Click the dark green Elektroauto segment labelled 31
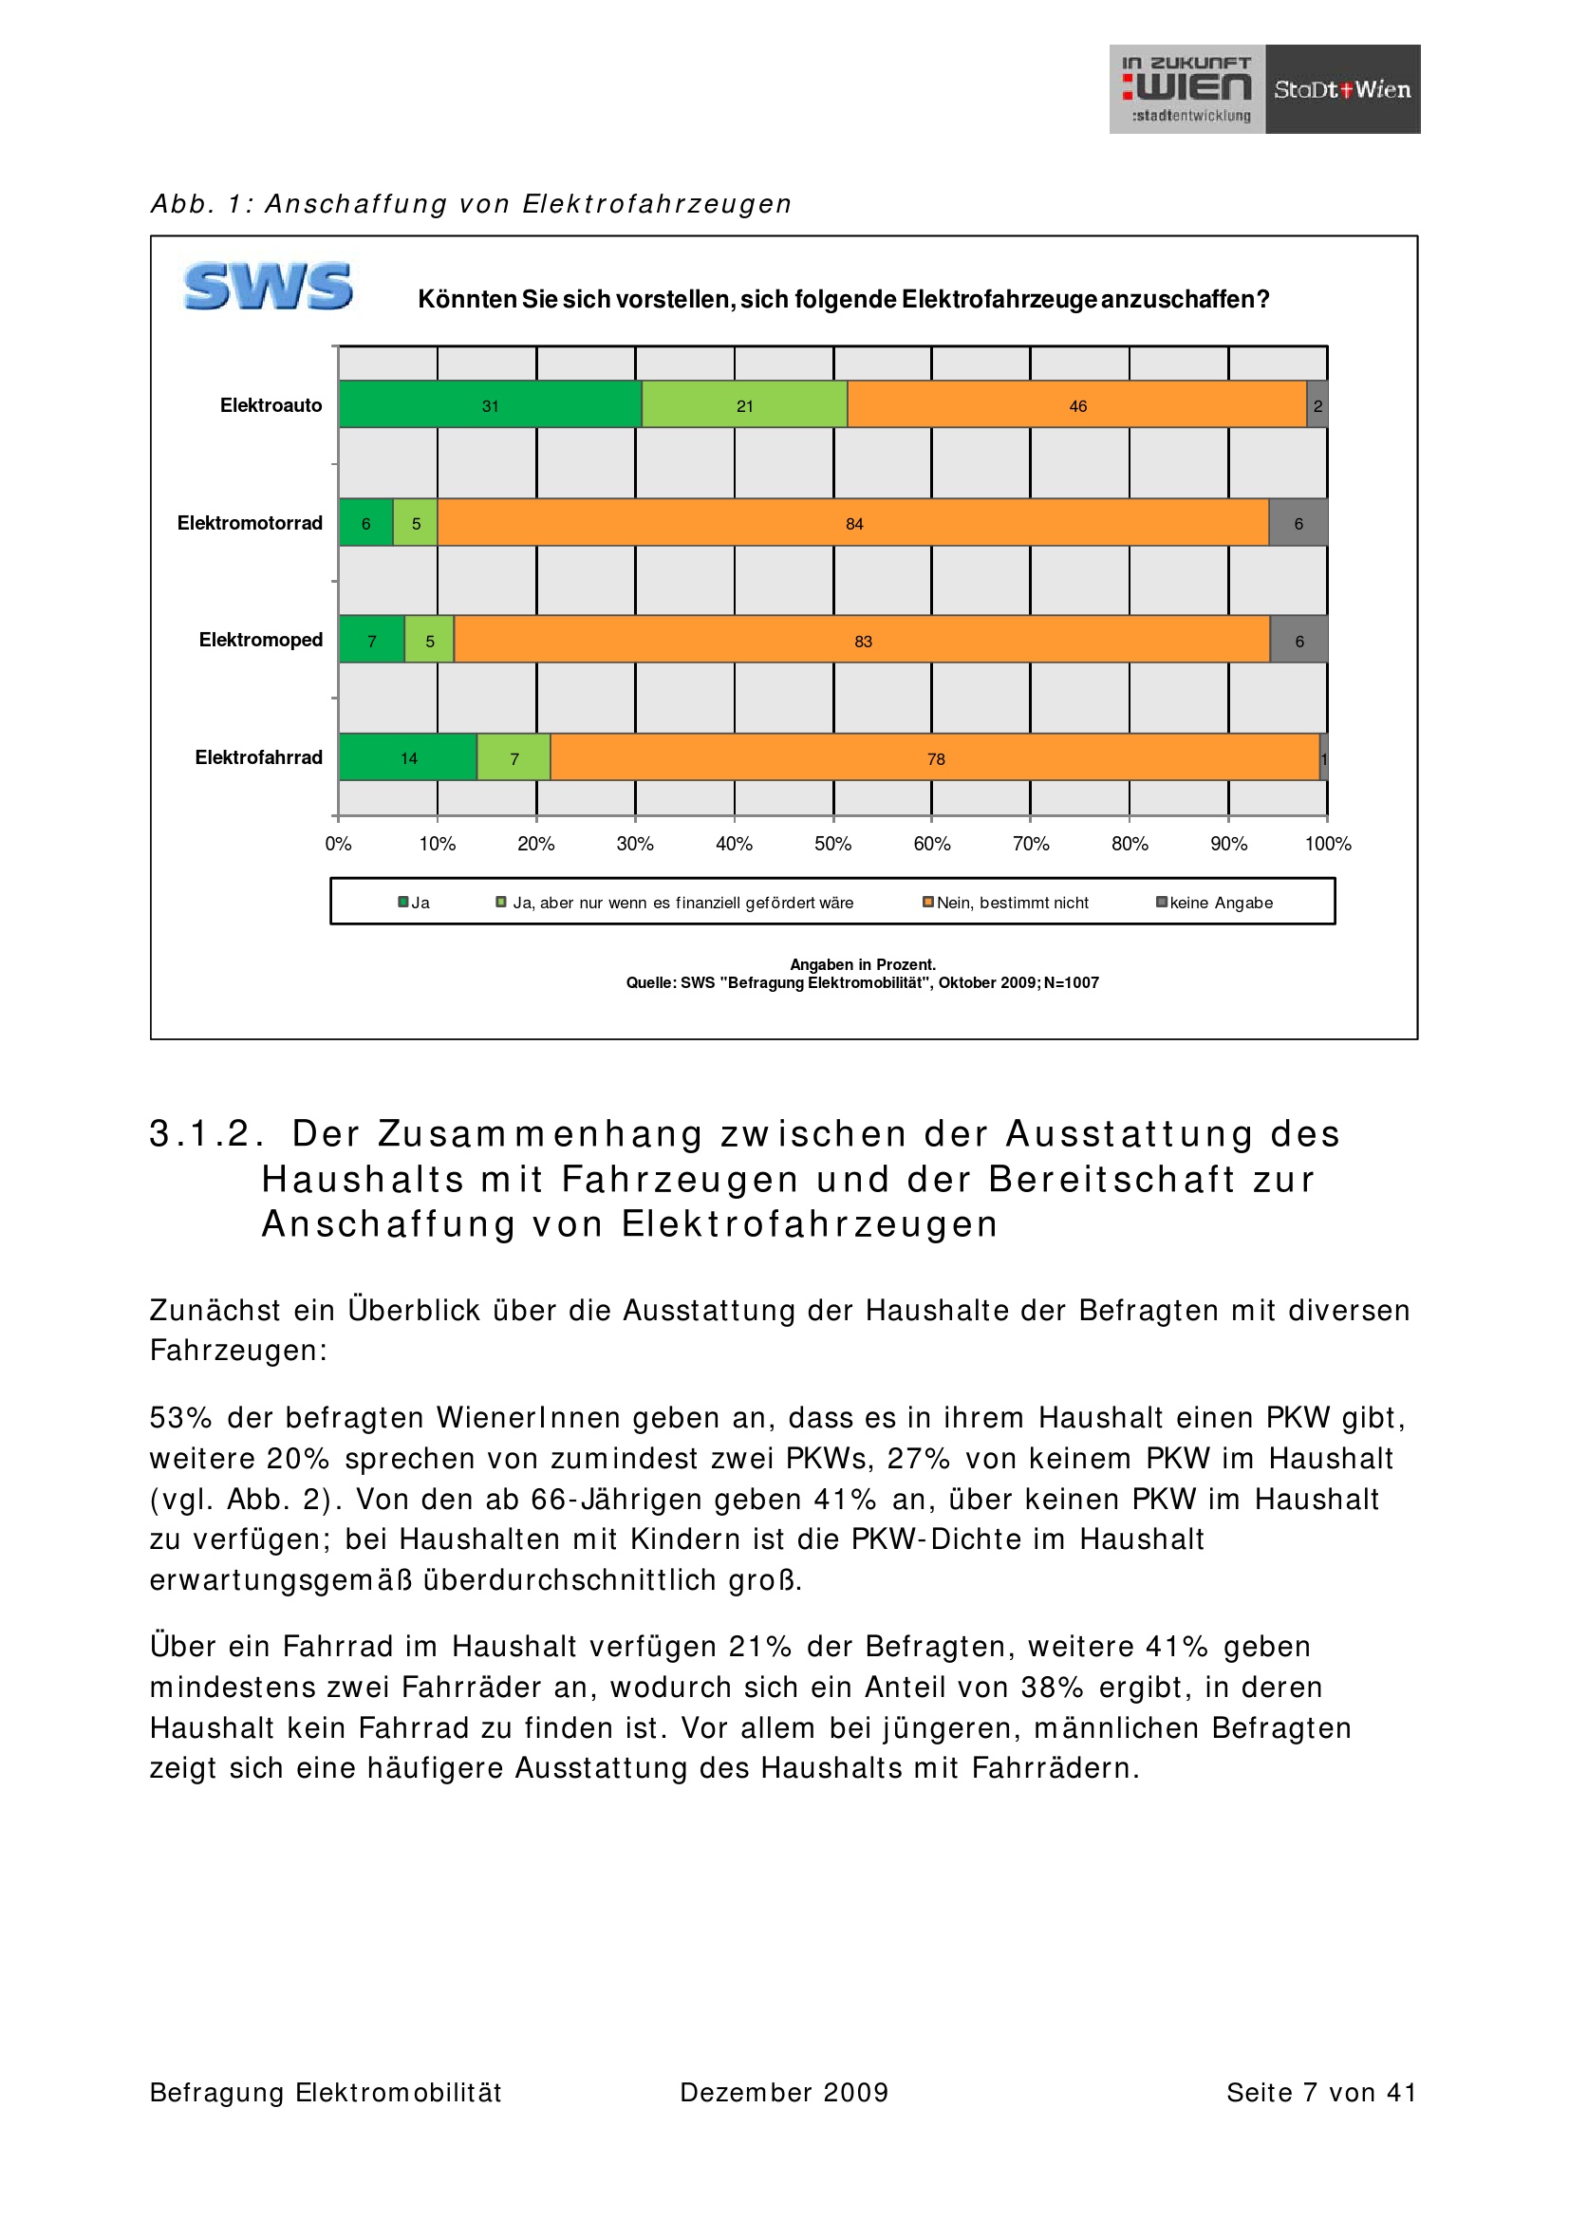(x=490, y=404)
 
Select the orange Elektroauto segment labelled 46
(x=1077, y=404)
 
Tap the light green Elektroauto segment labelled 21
(x=744, y=404)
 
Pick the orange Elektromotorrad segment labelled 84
(x=852, y=522)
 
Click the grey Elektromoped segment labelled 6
(x=1298, y=640)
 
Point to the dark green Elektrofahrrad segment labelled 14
(x=408, y=757)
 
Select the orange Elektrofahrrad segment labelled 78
(x=935, y=757)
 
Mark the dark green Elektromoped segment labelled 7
(x=371, y=640)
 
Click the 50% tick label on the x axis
(x=832, y=844)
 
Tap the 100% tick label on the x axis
(x=1327, y=844)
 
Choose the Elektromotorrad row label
(x=250, y=523)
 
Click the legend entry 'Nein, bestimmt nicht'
(x=1011, y=903)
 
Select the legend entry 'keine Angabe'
(x=1220, y=903)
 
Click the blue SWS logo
(x=268, y=287)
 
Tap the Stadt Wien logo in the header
(x=1342, y=89)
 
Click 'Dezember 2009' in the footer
(x=784, y=2093)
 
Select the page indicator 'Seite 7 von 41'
(x=1320, y=2093)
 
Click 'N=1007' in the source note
(x=1071, y=983)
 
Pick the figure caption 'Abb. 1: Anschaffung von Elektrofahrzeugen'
(x=471, y=204)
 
